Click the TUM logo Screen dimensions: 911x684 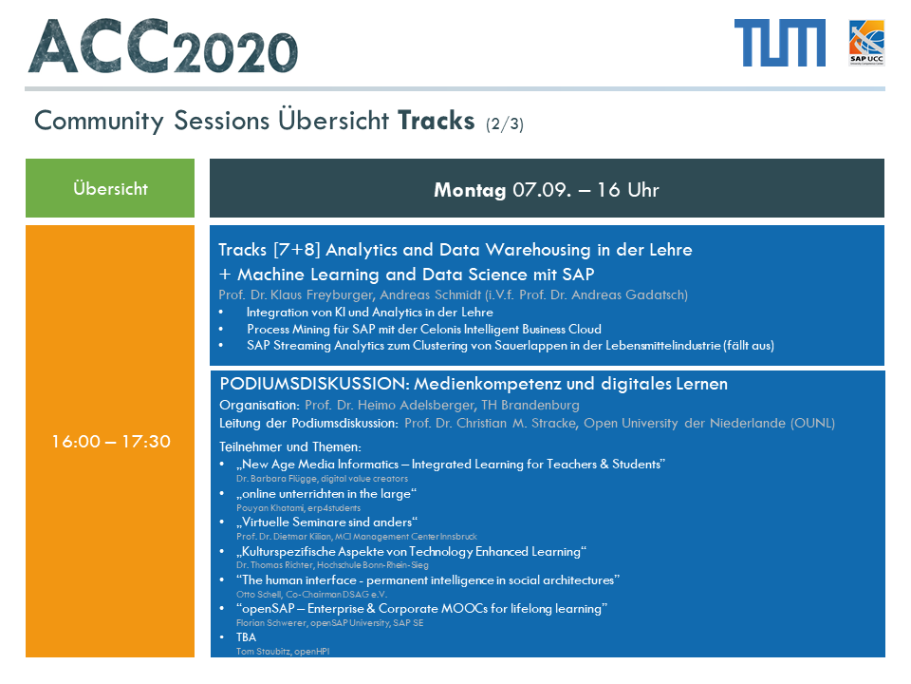coord(780,43)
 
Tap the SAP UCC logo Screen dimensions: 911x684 coord(866,43)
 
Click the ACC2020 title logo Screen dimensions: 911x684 coord(162,47)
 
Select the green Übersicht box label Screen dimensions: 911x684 coord(110,188)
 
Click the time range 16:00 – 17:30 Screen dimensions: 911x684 coord(111,442)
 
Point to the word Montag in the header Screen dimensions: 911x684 coord(470,190)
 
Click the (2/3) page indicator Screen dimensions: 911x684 coord(505,123)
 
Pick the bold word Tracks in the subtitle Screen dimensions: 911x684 coord(437,121)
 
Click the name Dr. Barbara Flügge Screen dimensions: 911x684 coord(276,479)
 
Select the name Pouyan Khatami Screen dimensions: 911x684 coord(270,507)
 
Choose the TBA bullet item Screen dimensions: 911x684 coord(247,637)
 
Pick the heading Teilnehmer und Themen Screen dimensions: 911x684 coord(290,447)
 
